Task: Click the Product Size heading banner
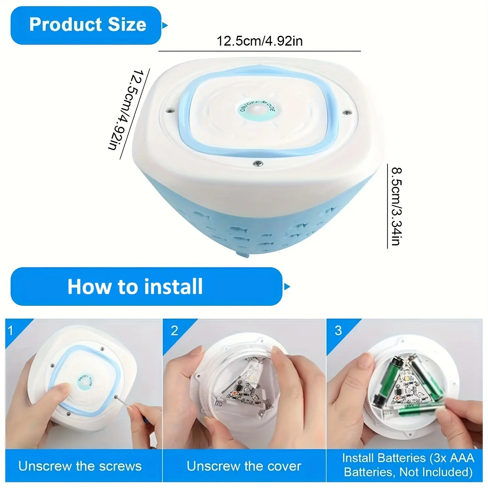coord(86,25)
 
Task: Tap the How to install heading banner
coord(146,286)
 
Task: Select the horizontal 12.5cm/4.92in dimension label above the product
coord(259,41)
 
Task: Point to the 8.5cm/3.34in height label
coord(397,206)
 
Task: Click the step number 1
coord(11,330)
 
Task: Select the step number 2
coord(174,330)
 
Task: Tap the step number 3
coord(338,330)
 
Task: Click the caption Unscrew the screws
coord(80,466)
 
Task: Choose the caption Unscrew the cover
coord(244,466)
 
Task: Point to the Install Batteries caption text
coord(408,465)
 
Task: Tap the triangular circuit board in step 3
coord(407,389)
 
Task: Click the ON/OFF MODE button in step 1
coord(85,382)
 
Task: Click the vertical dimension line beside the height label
coord(387,206)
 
